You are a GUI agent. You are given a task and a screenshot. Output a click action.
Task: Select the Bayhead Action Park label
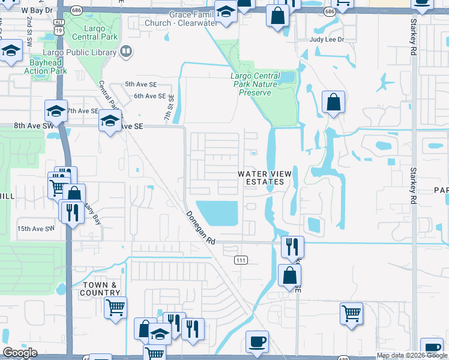(x=45, y=67)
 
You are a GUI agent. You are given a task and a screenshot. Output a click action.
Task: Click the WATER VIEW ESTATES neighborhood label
(x=265, y=178)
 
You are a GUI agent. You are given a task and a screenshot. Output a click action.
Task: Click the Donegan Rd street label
(x=200, y=227)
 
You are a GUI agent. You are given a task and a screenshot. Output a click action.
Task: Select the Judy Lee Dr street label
(x=327, y=40)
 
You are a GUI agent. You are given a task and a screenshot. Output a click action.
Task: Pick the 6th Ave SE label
(x=150, y=96)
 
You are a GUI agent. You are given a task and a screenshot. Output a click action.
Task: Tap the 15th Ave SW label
(x=35, y=229)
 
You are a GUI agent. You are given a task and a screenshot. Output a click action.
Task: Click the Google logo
(x=20, y=353)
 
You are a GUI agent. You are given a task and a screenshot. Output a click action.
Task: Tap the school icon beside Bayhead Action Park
(x=11, y=52)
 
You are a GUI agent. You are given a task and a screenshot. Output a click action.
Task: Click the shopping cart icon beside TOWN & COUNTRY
(x=115, y=307)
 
